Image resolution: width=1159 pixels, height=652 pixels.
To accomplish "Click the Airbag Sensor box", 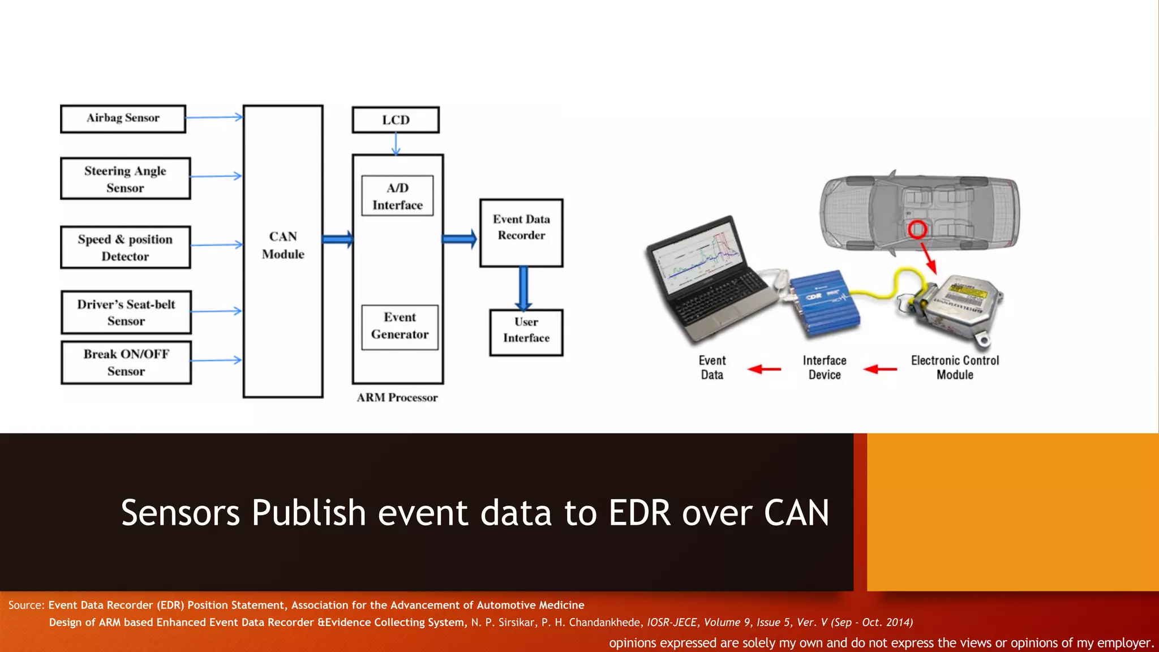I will coord(123,118).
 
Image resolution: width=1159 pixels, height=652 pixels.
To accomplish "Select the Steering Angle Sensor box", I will coord(125,179).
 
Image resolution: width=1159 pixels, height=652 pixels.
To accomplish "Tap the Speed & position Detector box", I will coord(125,247).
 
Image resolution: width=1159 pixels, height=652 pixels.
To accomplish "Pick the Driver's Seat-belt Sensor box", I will coord(126,312).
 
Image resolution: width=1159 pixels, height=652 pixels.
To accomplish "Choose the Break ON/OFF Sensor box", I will coord(126,362).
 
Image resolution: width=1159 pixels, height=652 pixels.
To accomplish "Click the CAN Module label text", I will coord(283,245).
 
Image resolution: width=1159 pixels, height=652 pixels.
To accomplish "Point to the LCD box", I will coord(396,120).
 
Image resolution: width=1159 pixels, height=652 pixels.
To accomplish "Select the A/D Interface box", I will coord(397,196).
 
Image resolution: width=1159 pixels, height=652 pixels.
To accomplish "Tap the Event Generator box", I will coord(400,326).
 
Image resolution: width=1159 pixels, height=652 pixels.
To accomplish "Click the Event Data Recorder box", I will coord(521,233).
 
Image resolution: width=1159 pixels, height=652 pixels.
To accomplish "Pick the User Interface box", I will coord(526,332).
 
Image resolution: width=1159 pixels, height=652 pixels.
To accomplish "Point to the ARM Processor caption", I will coord(397,398).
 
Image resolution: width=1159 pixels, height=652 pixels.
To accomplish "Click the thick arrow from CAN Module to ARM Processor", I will coord(338,239).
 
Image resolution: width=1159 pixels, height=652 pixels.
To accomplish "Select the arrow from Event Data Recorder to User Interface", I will coord(523,288).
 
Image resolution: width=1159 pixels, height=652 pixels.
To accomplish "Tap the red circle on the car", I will coord(917,230).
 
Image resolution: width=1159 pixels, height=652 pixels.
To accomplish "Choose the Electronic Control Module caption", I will coord(955,367).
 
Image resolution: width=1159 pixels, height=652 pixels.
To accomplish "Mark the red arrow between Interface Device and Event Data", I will coord(764,369).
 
